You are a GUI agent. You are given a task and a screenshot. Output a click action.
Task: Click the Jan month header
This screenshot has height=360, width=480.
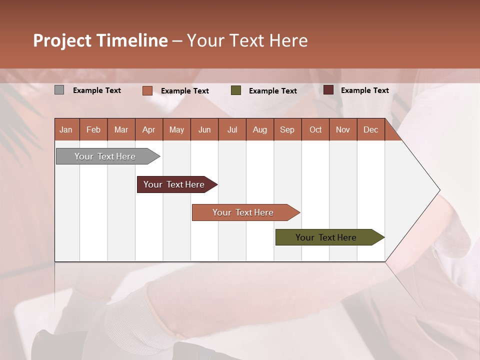(x=66, y=129)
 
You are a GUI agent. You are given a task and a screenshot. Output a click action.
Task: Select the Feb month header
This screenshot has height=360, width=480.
(x=93, y=129)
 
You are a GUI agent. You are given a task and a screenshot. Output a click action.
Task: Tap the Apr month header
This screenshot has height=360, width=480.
(x=148, y=129)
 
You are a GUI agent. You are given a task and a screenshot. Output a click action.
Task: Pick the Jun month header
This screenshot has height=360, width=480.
(x=204, y=129)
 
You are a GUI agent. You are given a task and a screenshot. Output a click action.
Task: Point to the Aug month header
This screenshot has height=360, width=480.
(x=259, y=129)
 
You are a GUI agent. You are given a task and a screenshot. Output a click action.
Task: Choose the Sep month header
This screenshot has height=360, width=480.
(x=287, y=129)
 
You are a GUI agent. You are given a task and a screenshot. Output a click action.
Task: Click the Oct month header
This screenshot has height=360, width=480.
(x=315, y=129)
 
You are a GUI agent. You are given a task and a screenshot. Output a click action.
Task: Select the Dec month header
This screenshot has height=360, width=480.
(x=370, y=129)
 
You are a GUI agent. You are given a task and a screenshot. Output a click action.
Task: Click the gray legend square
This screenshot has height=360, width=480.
(x=59, y=90)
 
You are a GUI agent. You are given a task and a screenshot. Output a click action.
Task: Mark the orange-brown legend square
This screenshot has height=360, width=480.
(x=147, y=90)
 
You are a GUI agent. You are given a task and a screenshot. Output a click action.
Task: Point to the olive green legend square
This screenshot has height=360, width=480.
(x=236, y=90)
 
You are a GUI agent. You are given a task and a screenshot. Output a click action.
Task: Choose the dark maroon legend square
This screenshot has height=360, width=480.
(x=328, y=90)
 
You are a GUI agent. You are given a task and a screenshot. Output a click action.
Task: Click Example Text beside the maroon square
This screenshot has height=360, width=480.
(x=364, y=90)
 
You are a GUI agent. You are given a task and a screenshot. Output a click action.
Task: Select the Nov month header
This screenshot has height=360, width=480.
(x=343, y=129)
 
